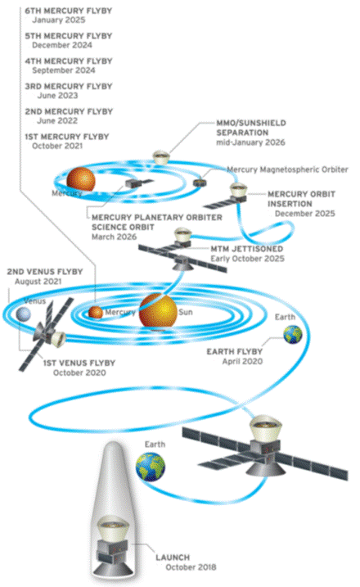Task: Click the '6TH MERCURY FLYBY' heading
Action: pyautogui.click(x=69, y=11)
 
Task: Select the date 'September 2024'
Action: pyautogui.click(x=64, y=70)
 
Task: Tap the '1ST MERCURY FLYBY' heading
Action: pyautogui.click(x=67, y=137)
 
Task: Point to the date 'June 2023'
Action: pyautogui.click(x=57, y=96)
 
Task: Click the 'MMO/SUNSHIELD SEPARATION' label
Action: pyautogui.click(x=251, y=128)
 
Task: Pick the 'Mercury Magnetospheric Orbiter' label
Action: pyautogui.click(x=287, y=169)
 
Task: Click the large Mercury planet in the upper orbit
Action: pyautogui.click(x=80, y=179)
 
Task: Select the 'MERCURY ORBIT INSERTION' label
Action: pyautogui.click(x=301, y=199)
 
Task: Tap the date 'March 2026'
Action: pyautogui.click(x=115, y=237)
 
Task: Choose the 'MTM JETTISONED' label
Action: pyautogui.click(x=246, y=249)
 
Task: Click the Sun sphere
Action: pyautogui.click(x=158, y=311)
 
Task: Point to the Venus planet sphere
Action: pyautogui.click(x=23, y=314)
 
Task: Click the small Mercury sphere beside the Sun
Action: pyautogui.click(x=96, y=313)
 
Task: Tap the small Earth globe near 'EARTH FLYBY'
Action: pyautogui.click(x=293, y=334)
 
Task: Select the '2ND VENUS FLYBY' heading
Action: pyautogui.click(x=45, y=272)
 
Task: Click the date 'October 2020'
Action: pyautogui.click(x=79, y=373)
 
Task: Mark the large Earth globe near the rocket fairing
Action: pyautogui.click(x=151, y=467)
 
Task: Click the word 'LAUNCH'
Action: pyautogui.click(x=173, y=558)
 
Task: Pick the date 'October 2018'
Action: pyautogui.click(x=191, y=567)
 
